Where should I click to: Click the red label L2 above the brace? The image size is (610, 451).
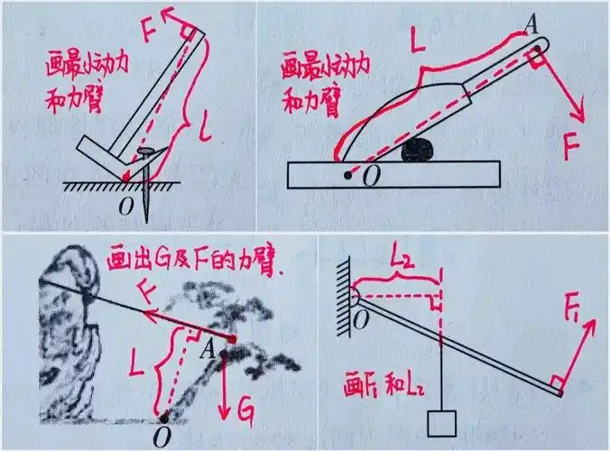[x=400, y=259]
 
